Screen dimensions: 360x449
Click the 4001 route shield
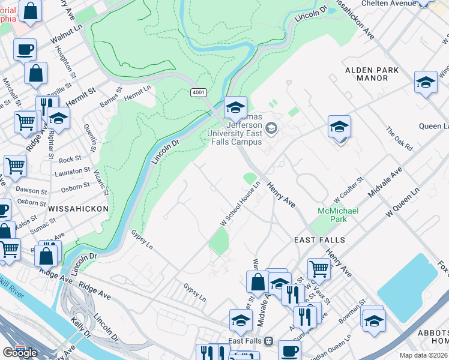[x=199, y=92]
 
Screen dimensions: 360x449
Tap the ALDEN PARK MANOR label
[x=372, y=74]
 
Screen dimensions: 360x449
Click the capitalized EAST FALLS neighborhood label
[x=319, y=240]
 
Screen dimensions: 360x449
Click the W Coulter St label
[x=349, y=189]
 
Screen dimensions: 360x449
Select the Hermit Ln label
[x=137, y=93]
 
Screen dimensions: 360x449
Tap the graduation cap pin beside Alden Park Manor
[x=426, y=83]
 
